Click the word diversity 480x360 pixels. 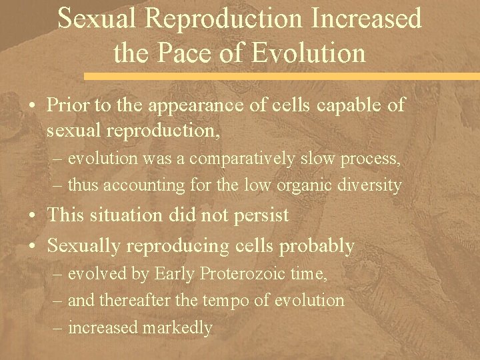(370, 185)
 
